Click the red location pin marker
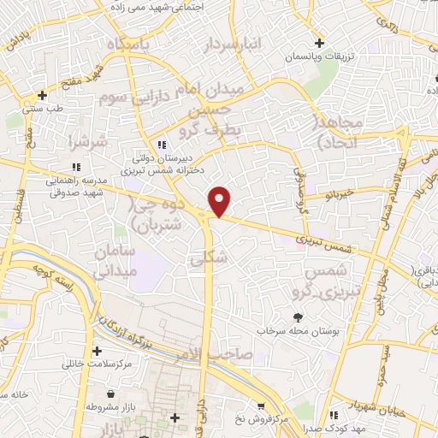(x=220, y=201)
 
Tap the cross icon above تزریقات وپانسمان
(x=319, y=42)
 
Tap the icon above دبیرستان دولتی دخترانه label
(x=162, y=145)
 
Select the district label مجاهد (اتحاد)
(x=340, y=133)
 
